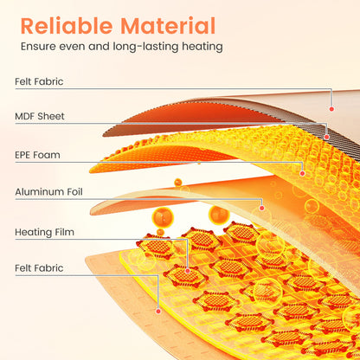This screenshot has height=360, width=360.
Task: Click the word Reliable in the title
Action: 67,26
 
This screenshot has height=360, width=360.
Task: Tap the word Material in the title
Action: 168,26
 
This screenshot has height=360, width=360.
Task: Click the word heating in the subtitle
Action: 202,47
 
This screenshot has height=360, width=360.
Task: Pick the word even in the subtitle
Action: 71,47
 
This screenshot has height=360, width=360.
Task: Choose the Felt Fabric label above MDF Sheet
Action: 39,81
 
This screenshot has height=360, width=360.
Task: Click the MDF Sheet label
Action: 40,116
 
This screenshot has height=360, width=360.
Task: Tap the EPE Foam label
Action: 38,155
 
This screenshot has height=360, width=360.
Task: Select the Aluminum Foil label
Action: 48,192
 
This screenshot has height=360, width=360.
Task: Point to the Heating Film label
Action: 44,232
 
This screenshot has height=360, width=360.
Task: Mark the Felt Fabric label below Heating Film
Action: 39,268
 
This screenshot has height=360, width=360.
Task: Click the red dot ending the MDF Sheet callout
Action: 326,137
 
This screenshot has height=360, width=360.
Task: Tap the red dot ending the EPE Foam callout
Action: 302,173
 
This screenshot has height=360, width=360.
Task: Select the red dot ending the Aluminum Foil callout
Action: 261,208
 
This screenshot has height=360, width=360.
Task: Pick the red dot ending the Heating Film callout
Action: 188,271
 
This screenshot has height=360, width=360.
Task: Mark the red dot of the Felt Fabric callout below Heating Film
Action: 158,312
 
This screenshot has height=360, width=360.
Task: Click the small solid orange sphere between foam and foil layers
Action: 178,183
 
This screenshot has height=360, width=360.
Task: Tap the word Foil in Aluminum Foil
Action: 74,192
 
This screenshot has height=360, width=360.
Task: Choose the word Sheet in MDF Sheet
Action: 51,116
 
